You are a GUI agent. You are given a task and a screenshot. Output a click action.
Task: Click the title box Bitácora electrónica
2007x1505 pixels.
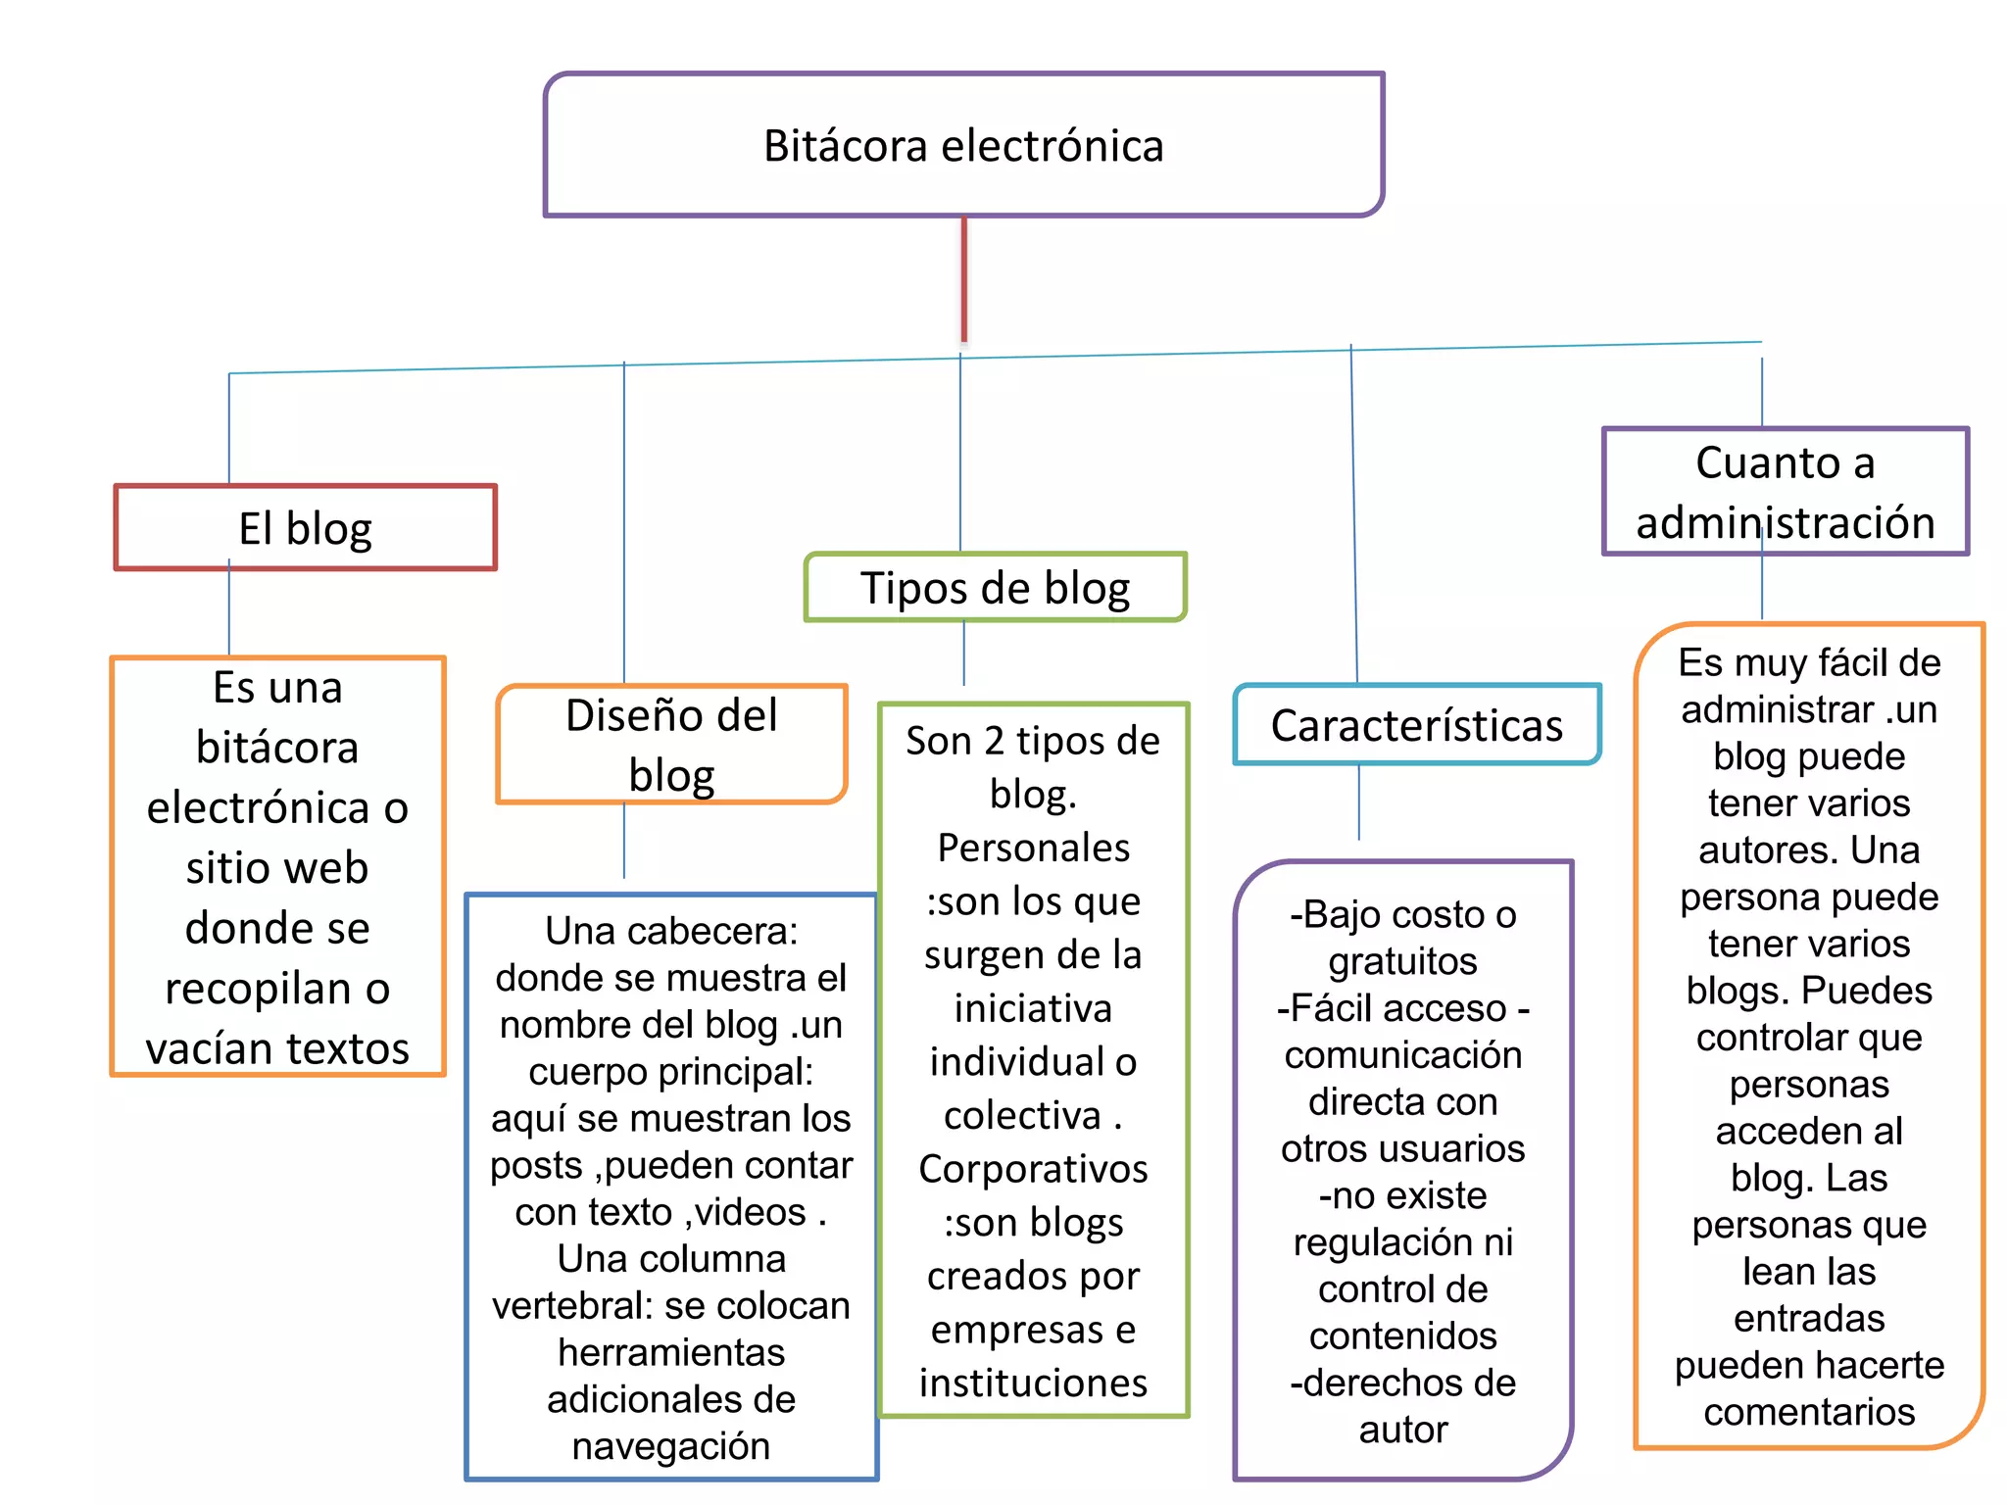(x=963, y=145)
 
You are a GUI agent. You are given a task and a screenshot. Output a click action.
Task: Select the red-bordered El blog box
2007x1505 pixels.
(x=305, y=527)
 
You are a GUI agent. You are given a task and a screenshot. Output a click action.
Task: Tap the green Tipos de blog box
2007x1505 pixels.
(x=995, y=587)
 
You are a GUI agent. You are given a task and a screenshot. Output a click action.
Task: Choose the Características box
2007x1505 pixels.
(x=1416, y=725)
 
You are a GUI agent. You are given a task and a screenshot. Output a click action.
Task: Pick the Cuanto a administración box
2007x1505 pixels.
(x=1785, y=491)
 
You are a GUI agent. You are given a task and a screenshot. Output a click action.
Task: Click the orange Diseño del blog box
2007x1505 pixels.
(x=671, y=744)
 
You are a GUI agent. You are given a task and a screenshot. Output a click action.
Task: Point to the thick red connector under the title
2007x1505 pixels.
(x=964, y=279)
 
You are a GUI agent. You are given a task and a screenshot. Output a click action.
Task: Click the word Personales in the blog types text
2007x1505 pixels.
(x=1033, y=848)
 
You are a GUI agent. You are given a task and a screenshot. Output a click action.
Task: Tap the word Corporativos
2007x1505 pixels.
(x=1033, y=1169)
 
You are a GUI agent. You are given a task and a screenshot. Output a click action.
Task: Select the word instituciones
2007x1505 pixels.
(x=1033, y=1383)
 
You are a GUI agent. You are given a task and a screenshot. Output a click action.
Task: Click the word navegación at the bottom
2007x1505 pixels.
(x=671, y=1446)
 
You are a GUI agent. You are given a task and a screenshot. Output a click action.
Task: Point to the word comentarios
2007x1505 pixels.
(x=1809, y=1412)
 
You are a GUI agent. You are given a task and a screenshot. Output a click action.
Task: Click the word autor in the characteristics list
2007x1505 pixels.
(x=1402, y=1430)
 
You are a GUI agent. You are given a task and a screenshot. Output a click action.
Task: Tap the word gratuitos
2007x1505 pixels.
(x=1402, y=961)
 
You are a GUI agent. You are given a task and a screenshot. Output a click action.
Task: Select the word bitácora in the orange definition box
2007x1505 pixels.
(x=277, y=748)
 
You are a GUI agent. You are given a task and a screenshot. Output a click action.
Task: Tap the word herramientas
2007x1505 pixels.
(x=671, y=1353)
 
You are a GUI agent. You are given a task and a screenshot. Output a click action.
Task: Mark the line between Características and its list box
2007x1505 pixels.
(x=1358, y=801)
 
